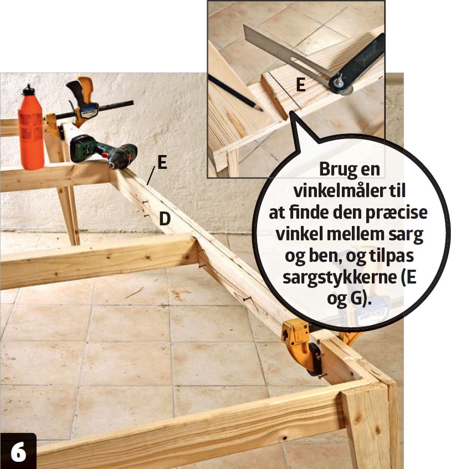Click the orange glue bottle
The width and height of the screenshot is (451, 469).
[30, 128]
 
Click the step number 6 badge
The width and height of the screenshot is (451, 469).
[18, 451]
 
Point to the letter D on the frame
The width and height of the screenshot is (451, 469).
[165, 218]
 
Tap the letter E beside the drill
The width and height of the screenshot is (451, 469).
[162, 163]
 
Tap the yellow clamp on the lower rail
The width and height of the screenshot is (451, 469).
[303, 343]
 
